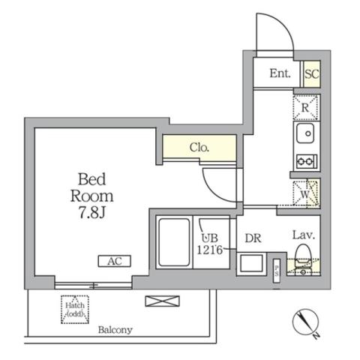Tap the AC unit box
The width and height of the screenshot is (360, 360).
(x=115, y=261)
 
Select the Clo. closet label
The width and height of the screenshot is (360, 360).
(x=199, y=148)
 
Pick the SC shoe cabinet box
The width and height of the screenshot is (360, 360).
(x=311, y=73)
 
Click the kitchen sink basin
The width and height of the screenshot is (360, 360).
(x=306, y=134)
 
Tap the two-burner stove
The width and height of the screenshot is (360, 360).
(x=306, y=160)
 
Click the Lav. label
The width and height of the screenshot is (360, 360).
(x=302, y=235)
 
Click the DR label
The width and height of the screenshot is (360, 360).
(x=253, y=240)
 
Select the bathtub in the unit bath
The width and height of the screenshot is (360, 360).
(x=174, y=244)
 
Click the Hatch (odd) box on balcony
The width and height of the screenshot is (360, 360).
(x=74, y=308)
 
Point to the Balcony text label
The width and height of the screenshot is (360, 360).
(x=114, y=329)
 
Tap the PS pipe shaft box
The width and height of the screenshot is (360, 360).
(x=276, y=268)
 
